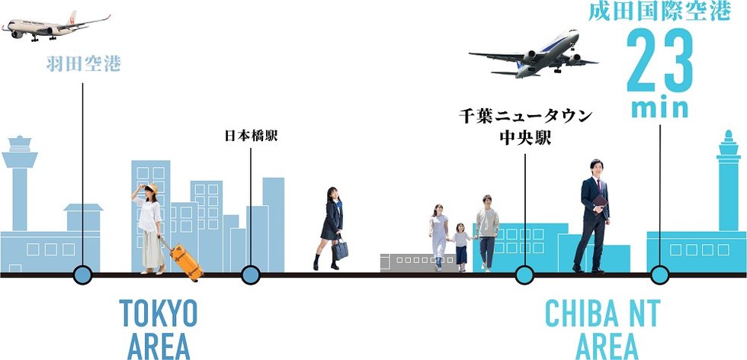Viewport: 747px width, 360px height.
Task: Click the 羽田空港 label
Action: (x=83, y=64)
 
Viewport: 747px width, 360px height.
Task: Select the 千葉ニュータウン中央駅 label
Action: (x=525, y=127)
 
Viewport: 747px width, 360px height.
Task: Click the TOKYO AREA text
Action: (x=159, y=329)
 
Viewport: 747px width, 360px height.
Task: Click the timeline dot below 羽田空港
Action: (x=82, y=275)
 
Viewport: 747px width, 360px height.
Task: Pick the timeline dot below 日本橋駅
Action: (x=250, y=275)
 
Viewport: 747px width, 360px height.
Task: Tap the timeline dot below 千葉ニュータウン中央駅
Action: (x=524, y=275)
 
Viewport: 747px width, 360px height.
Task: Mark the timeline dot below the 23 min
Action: (x=660, y=275)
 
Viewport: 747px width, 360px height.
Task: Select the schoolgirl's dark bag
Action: (x=340, y=249)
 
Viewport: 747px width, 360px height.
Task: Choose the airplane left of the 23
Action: (x=534, y=58)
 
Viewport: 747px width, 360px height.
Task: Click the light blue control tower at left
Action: (x=20, y=183)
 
